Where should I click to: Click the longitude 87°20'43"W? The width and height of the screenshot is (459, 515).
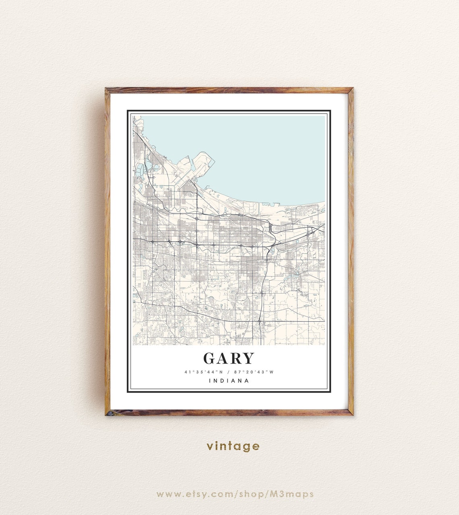pyautogui.click(x=255, y=372)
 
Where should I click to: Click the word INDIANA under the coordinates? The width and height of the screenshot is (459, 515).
pyautogui.click(x=229, y=381)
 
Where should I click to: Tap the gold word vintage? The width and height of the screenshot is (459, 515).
pyautogui.click(x=233, y=446)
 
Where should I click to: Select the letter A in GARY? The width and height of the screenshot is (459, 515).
pyautogui.click(x=223, y=358)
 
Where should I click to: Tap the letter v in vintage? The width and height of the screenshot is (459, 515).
pyautogui.click(x=209, y=447)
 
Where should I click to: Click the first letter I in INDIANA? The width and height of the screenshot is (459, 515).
pyautogui.click(x=211, y=381)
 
